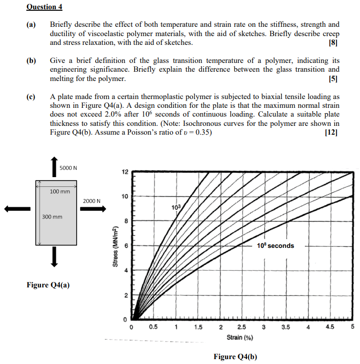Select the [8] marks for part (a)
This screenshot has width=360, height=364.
pyautogui.click(x=334, y=43)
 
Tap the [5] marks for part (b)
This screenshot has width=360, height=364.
pyautogui.click(x=334, y=79)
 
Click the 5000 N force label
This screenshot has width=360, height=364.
pyautogui.click(x=69, y=168)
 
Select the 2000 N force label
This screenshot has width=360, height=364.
pyautogui.click(x=91, y=201)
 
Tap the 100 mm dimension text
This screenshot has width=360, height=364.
pyautogui.click(x=60, y=191)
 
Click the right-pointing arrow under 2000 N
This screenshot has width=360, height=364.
pyautogui.click(x=93, y=209)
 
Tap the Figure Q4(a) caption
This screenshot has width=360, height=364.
pyautogui.click(x=48, y=285)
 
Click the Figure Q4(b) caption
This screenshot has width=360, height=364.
pyautogui.click(x=235, y=357)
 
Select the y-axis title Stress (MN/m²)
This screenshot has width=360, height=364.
pyautogui.click(x=115, y=245)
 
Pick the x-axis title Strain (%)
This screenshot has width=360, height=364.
pyautogui.click(x=239, y=337)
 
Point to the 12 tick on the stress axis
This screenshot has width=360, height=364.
pyautogui.click(x=125, y=172)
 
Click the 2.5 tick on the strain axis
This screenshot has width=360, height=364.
pyautogui.click(x=241, y=327)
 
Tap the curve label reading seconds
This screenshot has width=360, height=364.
pyautogui.click(x=275, y=245)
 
